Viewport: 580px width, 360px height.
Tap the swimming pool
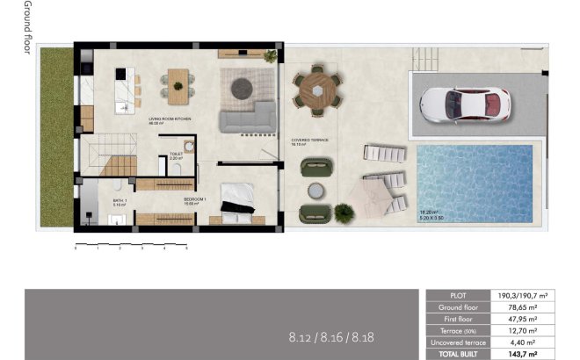point(475,182)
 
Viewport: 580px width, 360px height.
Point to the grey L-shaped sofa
point(250,116)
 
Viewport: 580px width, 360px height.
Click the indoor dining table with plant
point(178,86)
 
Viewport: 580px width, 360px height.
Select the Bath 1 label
point(120,201)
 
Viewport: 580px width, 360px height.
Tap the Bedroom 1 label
point(195,201)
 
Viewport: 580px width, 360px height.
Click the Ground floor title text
point(27,27)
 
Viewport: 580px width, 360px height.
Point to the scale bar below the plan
point(131,243)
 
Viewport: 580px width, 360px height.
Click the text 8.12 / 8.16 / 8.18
point(324,336)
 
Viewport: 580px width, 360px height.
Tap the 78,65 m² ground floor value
point(528,307)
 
